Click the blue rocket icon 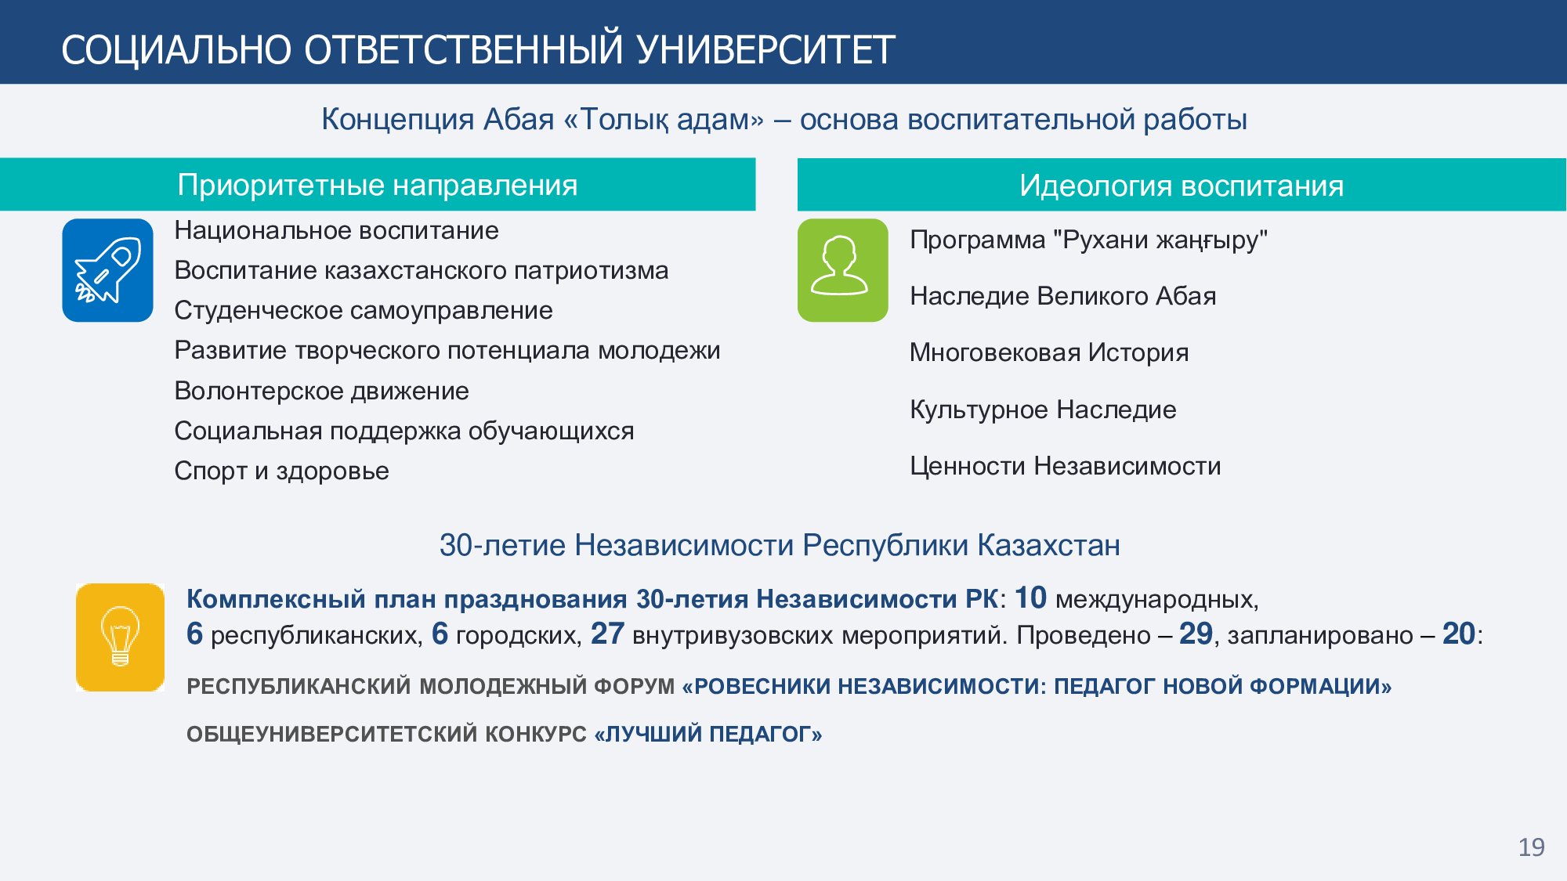[107, 270]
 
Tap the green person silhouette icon [842, 270]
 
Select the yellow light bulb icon [120, 637]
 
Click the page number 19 [1531, 847]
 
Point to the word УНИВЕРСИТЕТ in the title [765, 50]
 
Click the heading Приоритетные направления [378, 185]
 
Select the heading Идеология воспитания [1182, 186]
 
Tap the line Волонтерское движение [321, 390]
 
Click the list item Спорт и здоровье [281, 471]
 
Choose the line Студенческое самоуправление [364, 310]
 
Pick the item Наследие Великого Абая [1063, 296]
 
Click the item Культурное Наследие [1043, 410]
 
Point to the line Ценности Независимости [1066, 466]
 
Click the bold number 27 [607, 634]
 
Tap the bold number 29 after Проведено [1196, 634]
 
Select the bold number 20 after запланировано [1459, 634]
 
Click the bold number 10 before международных [1031, 598]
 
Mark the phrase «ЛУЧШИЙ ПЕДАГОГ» [708, 734]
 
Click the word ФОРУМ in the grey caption [634, 686]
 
